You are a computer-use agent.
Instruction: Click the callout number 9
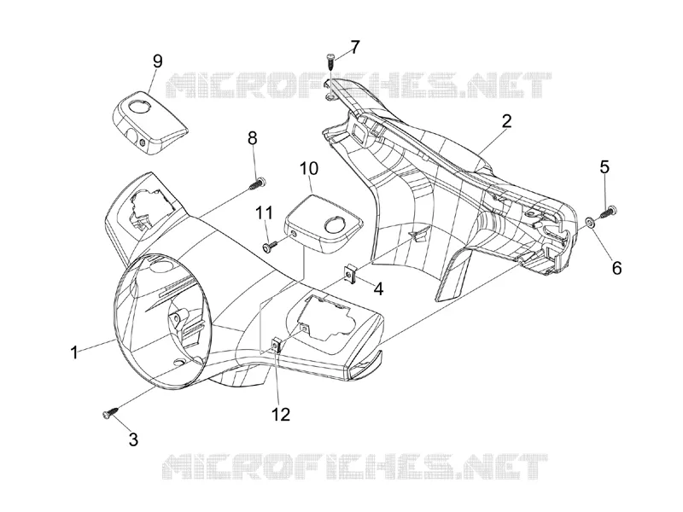click(x=157, y=61)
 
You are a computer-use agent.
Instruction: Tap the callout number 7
click(x=355, y=47)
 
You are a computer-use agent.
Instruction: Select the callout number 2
click(x=505, y=121)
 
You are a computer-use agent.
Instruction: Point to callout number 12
click(x=281, y=414)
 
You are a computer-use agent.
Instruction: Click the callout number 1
click(x=74, y=352)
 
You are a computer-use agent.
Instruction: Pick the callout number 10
click(x=309, y=168)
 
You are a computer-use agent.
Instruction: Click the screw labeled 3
click(x=111, y=412)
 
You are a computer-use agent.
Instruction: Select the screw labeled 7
click(x=331, y=61)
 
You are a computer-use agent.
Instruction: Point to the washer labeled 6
click(x=590, y=223)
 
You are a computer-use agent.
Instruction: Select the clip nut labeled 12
click(x=276, y=346)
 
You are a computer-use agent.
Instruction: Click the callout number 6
click(x=616, y=268)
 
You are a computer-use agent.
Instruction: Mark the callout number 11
click(x=264, y=212)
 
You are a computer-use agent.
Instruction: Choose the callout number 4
click(x=378, y=288)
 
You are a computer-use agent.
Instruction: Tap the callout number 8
click(x=252, y=138)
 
